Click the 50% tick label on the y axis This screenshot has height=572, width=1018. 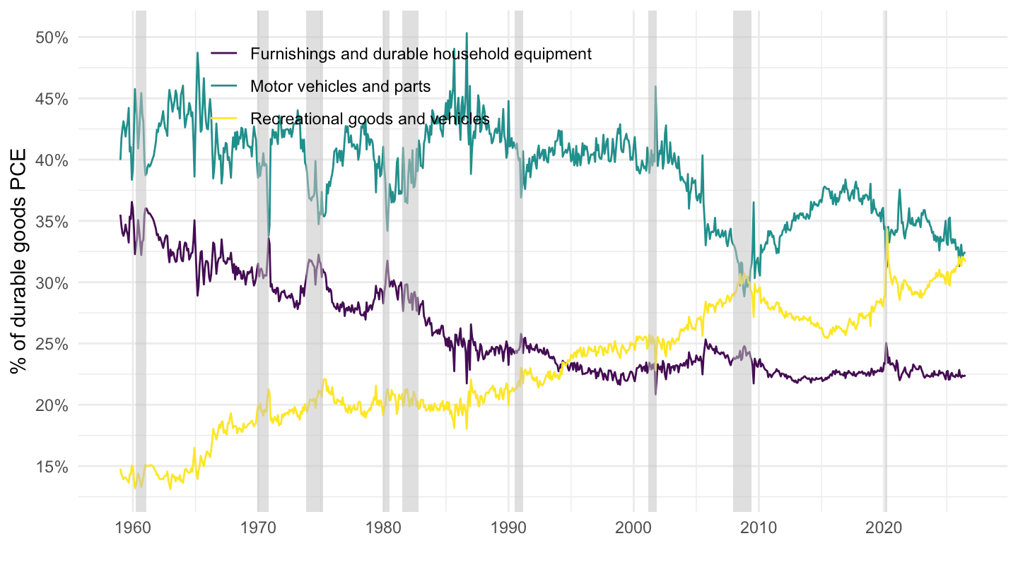(52, 37)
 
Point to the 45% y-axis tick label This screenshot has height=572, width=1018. (52, 99)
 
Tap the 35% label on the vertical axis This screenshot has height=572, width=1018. (52, 222)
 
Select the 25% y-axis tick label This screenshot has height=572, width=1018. (52, 344)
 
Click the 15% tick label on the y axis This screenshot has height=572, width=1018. (52, 467)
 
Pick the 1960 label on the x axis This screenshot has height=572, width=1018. (133, 528)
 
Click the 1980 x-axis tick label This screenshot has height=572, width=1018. (384, 528)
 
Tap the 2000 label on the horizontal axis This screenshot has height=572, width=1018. (633, 528)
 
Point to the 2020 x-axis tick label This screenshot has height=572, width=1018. (884, 528)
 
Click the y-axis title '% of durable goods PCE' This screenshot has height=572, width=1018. (18, 261)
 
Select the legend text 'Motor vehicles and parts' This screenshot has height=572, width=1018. (341, 86)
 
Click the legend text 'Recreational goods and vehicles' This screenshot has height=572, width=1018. (370, 119)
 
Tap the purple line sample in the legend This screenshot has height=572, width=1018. (224, 54)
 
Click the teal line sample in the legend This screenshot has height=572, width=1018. (224, 86)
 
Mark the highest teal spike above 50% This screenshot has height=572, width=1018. (467, 33)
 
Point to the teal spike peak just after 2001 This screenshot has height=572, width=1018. (655, 86)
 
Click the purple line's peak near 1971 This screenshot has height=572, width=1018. (269, 239)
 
